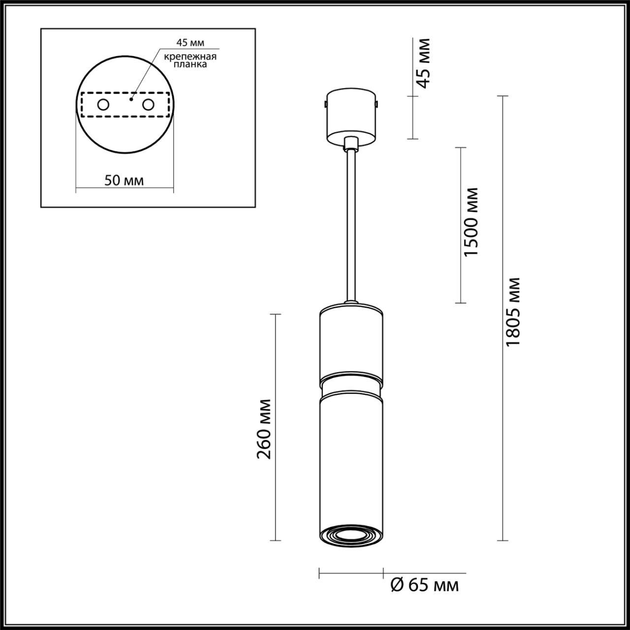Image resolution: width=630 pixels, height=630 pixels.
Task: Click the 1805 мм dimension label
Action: point(513,312)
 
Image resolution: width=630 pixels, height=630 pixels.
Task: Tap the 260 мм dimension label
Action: point(264,428)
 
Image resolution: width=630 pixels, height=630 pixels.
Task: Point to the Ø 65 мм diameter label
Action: point(424,585)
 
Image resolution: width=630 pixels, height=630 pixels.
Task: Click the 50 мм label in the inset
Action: point(124,180)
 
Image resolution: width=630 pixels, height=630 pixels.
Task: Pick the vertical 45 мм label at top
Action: point(422,63)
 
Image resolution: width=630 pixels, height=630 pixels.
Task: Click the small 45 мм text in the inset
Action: point(190,42)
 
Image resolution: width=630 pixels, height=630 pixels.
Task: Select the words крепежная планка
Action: point(190,61)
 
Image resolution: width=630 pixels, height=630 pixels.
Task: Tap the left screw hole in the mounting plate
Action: point(103,105)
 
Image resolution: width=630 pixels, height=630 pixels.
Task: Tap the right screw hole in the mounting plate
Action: point(148,105)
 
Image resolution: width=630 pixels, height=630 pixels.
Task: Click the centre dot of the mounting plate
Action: point(130,99)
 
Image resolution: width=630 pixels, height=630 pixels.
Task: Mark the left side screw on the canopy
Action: point(325,104)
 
